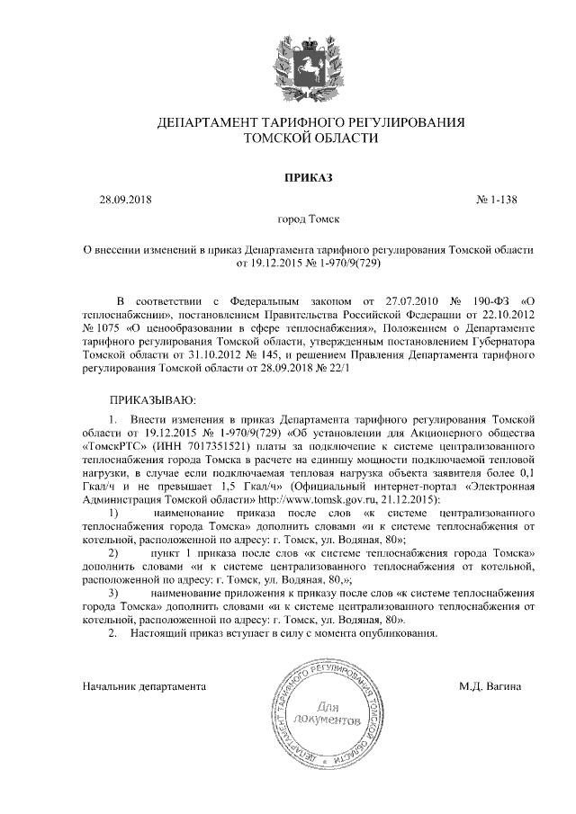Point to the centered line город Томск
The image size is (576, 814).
[310, 219]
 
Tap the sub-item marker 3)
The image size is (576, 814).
[112, 594]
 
